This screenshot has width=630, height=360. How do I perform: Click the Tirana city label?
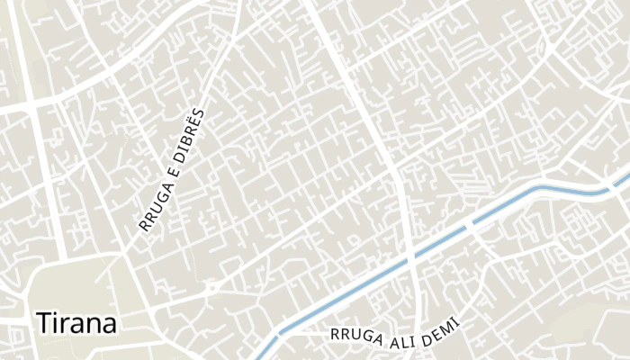[76, 323]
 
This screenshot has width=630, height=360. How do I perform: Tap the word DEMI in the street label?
[441, 327]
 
